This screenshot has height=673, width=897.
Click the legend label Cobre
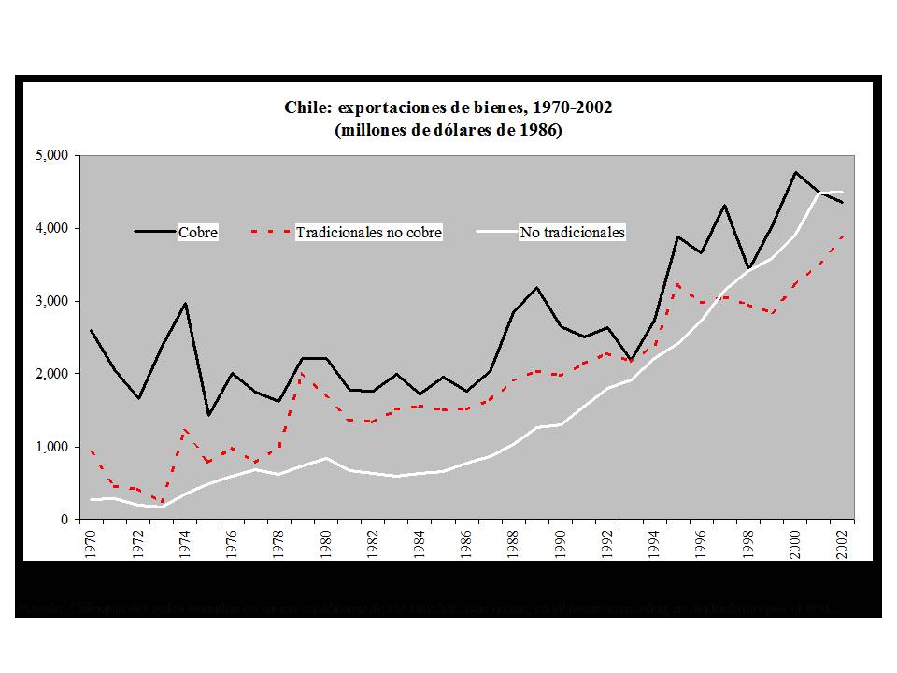tap(198, 233)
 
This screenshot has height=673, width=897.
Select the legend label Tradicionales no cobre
tap(368, 233)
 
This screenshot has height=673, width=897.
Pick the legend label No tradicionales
tap(571, 233)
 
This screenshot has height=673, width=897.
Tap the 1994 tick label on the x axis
tap(655, 543)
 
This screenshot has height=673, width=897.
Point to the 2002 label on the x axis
tap(843, 543)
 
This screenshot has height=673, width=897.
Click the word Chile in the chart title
tap(307, 107)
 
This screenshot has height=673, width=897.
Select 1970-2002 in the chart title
tap(576, 107)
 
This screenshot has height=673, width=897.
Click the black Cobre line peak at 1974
tap(186, 303)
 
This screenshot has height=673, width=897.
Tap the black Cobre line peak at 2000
tap(795, 172)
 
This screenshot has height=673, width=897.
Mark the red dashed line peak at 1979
tap(303, 373)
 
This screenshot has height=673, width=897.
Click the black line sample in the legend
tap(155, 231)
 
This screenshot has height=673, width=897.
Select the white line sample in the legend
tap(496, 231)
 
